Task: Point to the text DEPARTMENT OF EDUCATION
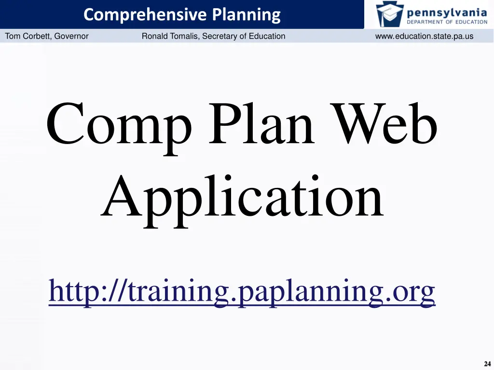(x=447, y=22)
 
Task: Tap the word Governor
(x=71, y=36)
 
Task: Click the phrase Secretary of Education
(x=244, y=36)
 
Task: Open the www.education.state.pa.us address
(x=424, y=36)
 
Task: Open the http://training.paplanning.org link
(x=242, y=291)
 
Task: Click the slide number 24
(x=487, y=364)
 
